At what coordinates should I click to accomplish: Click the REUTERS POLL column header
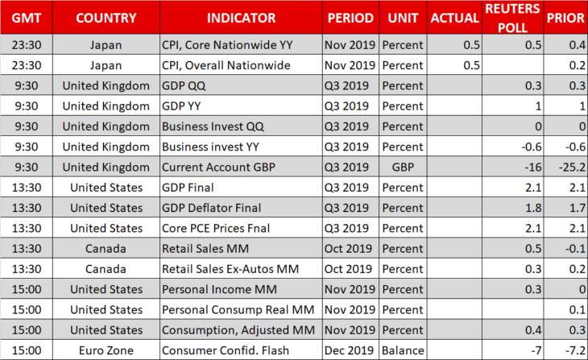pos(512,18)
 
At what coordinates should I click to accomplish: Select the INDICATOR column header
pos(241,18)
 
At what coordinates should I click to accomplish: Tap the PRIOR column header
pos(565,18)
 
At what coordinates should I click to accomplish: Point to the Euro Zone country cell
pos(106,350)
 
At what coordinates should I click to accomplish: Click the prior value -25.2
pos(572,167)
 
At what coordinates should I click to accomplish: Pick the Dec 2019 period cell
pos(349,350)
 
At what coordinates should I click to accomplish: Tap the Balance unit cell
pos(403,350)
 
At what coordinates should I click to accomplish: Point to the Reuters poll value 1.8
pos(533,208)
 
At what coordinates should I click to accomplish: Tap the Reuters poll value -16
pos(533,167)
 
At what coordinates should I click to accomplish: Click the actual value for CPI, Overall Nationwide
pos(471,65)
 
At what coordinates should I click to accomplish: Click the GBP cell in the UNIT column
pos(403,167)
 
